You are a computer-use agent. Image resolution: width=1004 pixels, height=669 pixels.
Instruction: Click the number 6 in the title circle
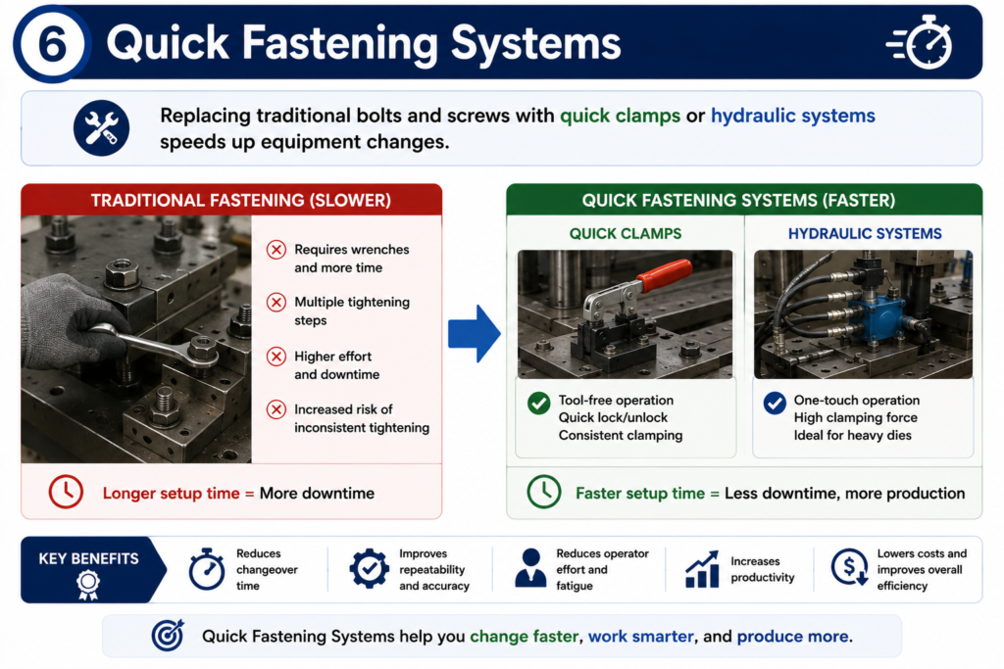(52, 44)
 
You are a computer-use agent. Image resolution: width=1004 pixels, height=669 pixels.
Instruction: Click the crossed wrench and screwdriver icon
(101, 128)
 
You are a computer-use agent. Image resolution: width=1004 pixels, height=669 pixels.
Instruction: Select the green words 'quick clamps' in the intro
(620, 116)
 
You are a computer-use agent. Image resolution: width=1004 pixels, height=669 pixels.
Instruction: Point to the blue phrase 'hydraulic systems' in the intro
(792, 116)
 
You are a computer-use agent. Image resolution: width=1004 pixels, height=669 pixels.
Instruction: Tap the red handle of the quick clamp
(664, 273)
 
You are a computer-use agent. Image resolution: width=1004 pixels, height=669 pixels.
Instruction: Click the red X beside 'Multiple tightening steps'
(276, 302)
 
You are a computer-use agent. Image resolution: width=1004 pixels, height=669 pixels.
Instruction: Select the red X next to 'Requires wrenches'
(276, 250)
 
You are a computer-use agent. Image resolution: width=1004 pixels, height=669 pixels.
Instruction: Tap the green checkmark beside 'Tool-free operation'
(538, 403)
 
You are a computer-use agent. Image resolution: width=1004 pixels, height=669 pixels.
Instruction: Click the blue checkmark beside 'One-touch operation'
(775, 403)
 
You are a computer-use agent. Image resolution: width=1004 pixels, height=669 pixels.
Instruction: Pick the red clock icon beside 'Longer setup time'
(66, 492)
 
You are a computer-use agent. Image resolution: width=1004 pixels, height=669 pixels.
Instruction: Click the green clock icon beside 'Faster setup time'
(543, 492)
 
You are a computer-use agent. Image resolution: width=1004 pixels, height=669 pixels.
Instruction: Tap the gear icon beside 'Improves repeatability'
(369, 568)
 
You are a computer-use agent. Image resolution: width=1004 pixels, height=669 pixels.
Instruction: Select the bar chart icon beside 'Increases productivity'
(702, 568)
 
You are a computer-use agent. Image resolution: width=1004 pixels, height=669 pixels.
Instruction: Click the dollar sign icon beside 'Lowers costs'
(850, 567)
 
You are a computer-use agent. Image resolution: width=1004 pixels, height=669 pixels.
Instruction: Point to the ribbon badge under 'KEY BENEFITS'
(88, 585)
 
